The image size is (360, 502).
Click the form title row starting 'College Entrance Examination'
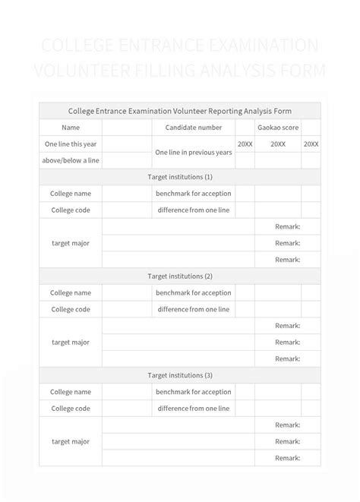coord(180,111)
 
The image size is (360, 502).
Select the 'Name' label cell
coord(71,128)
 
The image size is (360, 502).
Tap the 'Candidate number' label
coord(194,128)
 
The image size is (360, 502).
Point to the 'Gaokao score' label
coord(278,128)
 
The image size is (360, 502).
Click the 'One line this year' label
coord(71,144)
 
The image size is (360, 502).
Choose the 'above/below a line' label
coord(71,160)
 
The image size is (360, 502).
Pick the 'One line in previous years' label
coord(194,152)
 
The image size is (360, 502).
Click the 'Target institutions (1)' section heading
coord(180,177)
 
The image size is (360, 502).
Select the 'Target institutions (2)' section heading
coord(180,276)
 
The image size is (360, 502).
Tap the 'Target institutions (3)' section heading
coord(180,375)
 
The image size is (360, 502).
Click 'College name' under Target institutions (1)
coord(71,194)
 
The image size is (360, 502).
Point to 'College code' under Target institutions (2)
coord(71,309)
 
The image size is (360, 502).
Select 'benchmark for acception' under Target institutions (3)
coord(194,392)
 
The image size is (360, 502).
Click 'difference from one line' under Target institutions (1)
coord(194,210)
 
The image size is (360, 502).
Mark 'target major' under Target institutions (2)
coord(71,343)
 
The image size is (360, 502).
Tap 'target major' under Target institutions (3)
coord(71,441)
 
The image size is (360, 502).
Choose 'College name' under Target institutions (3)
coord(71,392)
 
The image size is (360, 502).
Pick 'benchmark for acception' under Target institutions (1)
coord(194,194)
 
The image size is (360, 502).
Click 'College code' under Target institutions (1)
coord(71,210)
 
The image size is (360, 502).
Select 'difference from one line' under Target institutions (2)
coord(194,309)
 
